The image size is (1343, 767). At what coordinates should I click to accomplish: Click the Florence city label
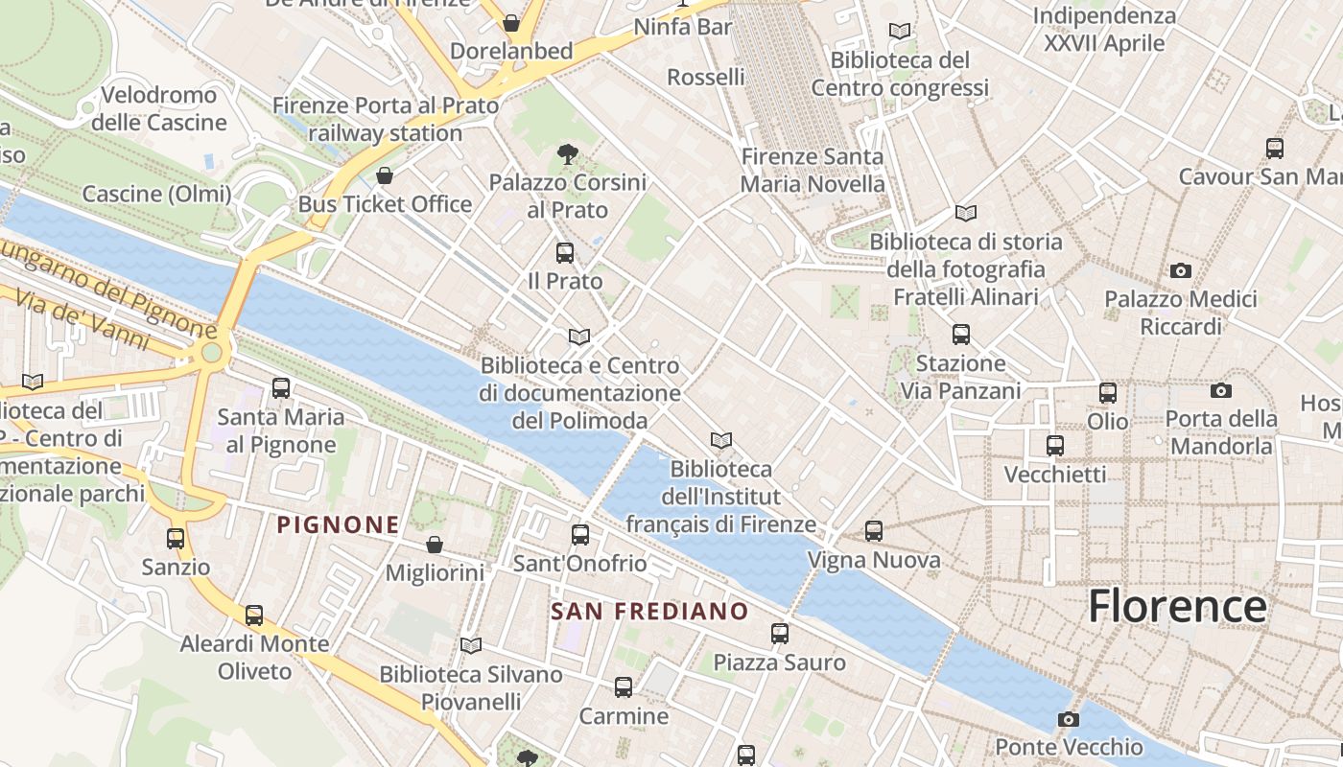pos(1177,607)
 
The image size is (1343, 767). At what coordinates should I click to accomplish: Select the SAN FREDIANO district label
pos(649,611)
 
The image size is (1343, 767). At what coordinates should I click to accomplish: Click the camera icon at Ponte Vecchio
pos(1068,719)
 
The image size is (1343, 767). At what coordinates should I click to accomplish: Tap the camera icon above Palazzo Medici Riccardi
pos(1181,271)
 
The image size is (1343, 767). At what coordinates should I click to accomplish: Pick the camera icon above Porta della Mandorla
pos(1220,390)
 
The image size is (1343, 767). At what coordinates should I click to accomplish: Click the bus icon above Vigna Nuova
pos(873,530)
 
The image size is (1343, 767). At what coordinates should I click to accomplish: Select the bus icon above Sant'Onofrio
pos(579,535)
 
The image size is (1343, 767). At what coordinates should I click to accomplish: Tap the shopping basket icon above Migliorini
pos(434,545)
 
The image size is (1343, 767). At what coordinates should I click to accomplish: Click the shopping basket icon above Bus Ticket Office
pos(384,175)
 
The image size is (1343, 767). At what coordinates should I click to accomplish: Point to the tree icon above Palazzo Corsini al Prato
pos(567,153)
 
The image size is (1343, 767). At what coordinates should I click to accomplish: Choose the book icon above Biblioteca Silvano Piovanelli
pos(470,645)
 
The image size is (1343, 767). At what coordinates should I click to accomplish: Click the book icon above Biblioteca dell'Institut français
pos(720,440)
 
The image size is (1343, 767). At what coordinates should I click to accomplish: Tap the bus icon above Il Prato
pos(565,253)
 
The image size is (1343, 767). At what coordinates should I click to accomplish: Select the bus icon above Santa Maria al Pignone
pos(280,388)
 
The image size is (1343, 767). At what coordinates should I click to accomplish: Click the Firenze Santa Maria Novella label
pos(813,170)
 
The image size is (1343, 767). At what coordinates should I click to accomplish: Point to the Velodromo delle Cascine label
pos(159,108)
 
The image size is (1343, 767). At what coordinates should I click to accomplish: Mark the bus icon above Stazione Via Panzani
pos(960,335)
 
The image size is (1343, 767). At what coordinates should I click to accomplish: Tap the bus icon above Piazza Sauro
pos(779,633)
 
